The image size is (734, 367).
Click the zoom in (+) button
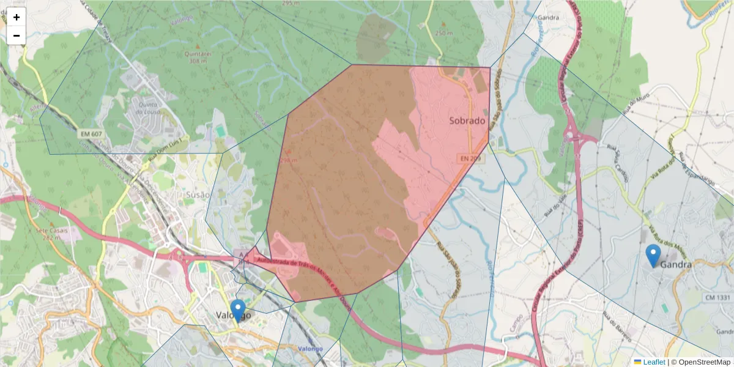coord(17,17)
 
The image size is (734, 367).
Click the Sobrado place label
coord(467,121)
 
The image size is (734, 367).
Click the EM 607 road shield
coord(90,133)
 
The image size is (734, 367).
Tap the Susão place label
coord(197,195)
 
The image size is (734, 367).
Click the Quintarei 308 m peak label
coord(196,57)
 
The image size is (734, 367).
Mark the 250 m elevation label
coord(443,32)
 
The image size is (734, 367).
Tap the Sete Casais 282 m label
coord(54,234)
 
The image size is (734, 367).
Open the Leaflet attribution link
coord(654,362)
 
